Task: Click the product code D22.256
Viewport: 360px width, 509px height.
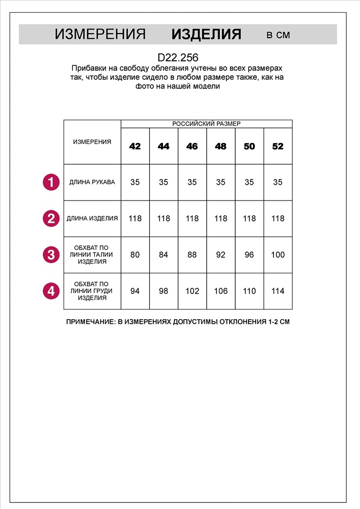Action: tap(178, 58)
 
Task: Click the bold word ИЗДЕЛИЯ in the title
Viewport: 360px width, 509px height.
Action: tap(206, 35)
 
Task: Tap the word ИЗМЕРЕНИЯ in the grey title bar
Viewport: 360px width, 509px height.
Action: tap(100, 35)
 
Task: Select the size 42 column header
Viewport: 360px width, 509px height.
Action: tap(135, 147)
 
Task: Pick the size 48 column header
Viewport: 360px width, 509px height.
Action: tap(220, 147)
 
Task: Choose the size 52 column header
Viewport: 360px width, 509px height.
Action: tap(278, 147)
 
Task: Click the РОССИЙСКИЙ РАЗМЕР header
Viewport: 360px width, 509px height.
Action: tap(206, 124)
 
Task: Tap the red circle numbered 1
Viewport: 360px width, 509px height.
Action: tap(50, 182)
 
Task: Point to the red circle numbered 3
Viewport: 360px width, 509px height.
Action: tap(50, 254)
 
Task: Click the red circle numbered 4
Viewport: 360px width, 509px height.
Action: tap(50, 291)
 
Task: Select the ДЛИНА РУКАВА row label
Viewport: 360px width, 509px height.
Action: tap(92, 182)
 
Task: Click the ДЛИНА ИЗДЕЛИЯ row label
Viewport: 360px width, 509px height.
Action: tap(92, 218)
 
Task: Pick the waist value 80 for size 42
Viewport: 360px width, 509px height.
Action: tap(135, 254)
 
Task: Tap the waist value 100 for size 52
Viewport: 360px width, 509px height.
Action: tap(278, 254)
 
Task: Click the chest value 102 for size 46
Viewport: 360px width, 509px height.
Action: tap(192, 291)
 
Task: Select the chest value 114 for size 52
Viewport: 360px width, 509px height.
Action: tap(278, 291)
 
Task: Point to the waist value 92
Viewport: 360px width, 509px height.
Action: tap(220, 254)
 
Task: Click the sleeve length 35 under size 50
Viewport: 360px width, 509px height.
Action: tap(249, 182)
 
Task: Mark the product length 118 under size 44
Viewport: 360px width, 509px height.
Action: tap(163, 218)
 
